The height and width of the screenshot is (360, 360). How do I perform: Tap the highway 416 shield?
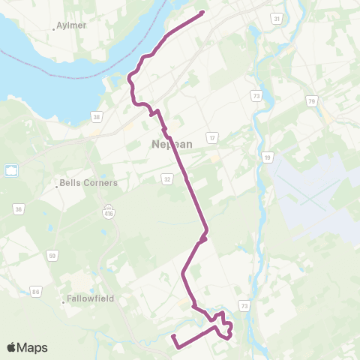(x=109, y=209)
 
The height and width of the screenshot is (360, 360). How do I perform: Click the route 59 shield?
(x=52, y=256)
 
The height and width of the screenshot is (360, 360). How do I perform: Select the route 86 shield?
(x=35, y=290)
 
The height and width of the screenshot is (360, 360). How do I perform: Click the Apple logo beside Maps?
(x=11, y=348)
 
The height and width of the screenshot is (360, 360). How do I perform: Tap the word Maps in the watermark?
(x=32, y=348)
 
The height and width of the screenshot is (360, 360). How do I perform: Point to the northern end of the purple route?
(x=203, y=13)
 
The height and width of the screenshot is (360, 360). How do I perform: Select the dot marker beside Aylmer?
(x=55, y=29)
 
